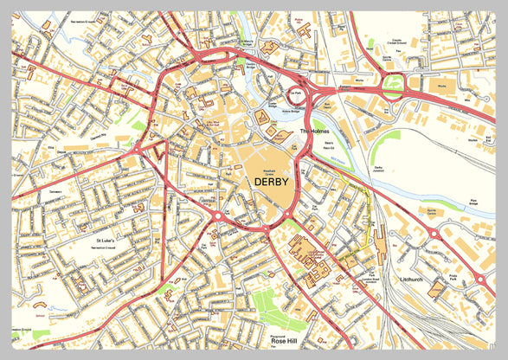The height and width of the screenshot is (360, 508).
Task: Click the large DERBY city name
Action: click(x=271, y=182)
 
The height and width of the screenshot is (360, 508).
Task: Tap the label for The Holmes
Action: click(x=315, y=131)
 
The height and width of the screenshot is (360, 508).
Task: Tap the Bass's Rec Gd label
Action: click(x=328, y=145)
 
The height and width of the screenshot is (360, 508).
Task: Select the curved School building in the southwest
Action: click(x=39, y=305)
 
